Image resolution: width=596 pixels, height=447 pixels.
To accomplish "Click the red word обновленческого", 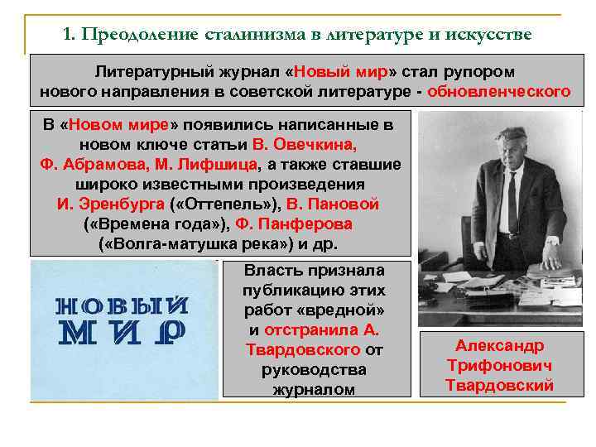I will (499, 91).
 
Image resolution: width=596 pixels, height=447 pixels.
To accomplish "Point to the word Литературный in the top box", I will (148, 72).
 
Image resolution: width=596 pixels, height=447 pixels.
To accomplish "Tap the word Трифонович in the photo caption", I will (499, 365).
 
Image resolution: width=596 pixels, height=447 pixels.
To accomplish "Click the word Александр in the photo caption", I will (499, 346).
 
